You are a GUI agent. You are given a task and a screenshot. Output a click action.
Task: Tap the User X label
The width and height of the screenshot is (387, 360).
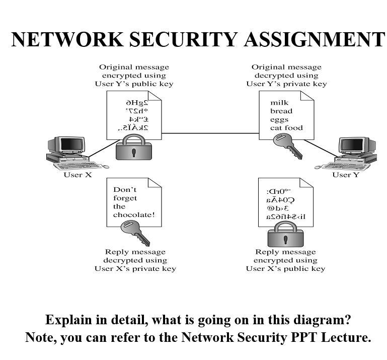[x=78, y=175]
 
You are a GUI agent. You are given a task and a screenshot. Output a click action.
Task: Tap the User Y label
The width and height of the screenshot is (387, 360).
[x=346, y=175]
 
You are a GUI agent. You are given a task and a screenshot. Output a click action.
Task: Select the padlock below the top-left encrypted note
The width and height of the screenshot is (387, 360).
[x=133, y=150]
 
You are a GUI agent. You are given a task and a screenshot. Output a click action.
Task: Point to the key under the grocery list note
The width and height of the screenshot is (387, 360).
[x=287, y=146]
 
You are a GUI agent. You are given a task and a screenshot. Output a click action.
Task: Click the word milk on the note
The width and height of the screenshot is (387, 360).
[x=279, y=103]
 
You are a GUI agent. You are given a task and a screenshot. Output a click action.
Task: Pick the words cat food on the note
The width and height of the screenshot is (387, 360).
[x=286, y=128]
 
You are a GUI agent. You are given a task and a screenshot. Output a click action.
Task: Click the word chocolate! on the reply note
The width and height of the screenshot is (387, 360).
[x=134, y=215]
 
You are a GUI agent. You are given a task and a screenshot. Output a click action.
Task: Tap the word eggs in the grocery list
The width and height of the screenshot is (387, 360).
[x=279, y=119]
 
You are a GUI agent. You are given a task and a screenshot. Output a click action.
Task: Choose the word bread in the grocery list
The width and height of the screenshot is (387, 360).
[x=281, y=111]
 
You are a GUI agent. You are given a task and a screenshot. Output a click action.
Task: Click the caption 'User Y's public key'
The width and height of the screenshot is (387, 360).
[x=134, y=84]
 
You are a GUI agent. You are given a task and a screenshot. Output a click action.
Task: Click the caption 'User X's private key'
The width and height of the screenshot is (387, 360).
[x=135, y=268]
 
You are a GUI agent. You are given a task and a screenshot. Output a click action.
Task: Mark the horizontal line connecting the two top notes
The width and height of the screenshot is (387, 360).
[x=210, y=133]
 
